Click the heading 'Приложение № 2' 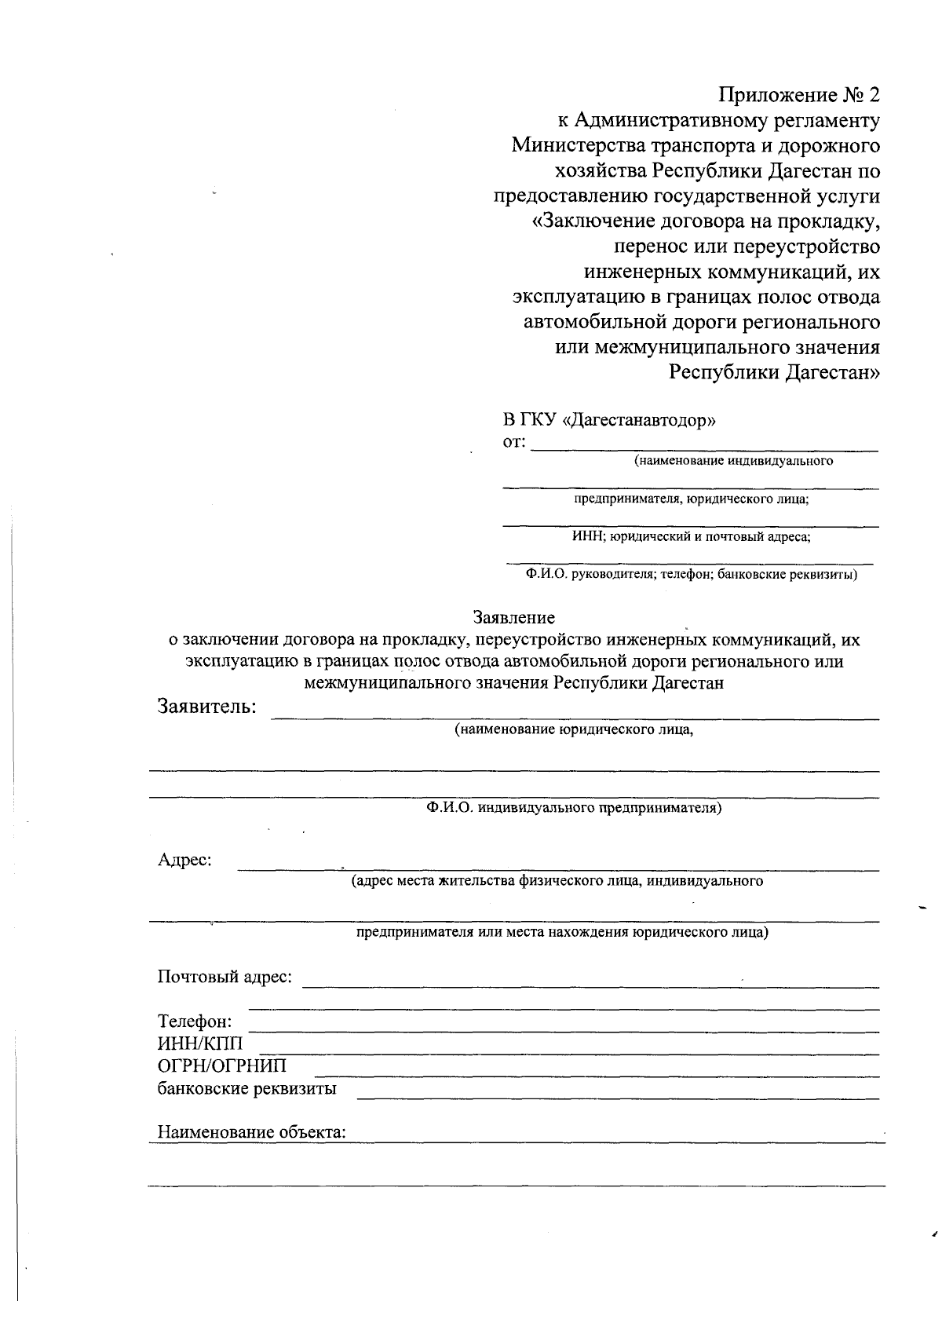(x=799, y=96)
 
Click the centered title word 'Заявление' (x=513, y=618)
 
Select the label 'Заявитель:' (x=207, y=706)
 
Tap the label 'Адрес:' (x=185, y=860)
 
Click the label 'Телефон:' (x=195, y=1022)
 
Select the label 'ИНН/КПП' (x=200, y=1044)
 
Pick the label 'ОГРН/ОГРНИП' (x=222, y=1066)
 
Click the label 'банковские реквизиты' (x=247, y=1089)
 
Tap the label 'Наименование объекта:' (x=252, y=1132)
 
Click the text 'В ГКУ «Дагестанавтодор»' (x=609, y=419)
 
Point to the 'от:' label (x=513, y=441)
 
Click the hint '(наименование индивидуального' (x=734, y=461)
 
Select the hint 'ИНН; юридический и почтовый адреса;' (x=691, y=537)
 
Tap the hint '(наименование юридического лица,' (x=575, y=729)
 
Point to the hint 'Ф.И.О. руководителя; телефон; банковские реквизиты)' (x=691, y=575)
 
